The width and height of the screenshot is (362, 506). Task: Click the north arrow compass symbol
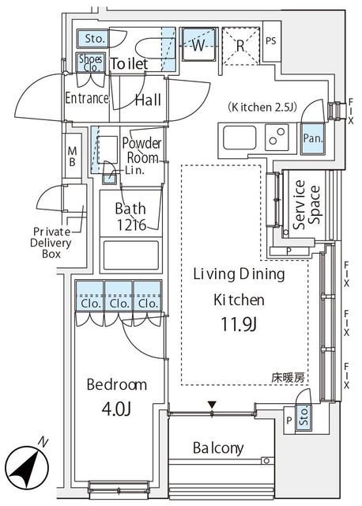[28, 464]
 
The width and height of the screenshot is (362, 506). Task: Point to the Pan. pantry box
[311, 138]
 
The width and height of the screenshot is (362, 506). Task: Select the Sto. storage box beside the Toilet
[94, 38]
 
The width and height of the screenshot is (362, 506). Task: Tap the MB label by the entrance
[72, 156]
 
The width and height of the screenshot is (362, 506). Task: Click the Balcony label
[218, 448]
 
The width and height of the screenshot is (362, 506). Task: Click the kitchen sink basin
[238, 140]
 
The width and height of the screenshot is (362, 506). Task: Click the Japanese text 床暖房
[290, 378]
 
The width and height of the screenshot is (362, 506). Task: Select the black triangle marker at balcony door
[211, 406]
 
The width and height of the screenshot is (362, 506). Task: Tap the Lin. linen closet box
[111, 172]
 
